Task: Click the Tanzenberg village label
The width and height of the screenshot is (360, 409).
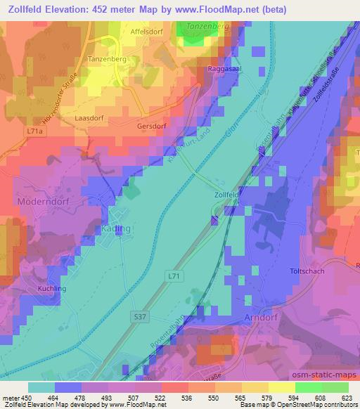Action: pyautogui.click(x=107, y=60)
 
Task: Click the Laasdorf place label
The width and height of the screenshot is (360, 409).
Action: pyautogui.click(x=90, y=119)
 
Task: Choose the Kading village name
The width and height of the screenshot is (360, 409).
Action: pyautogui.click(x=116, y=229)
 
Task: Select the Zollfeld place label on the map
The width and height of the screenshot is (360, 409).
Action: pyautogui.click(x=226, y=194)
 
